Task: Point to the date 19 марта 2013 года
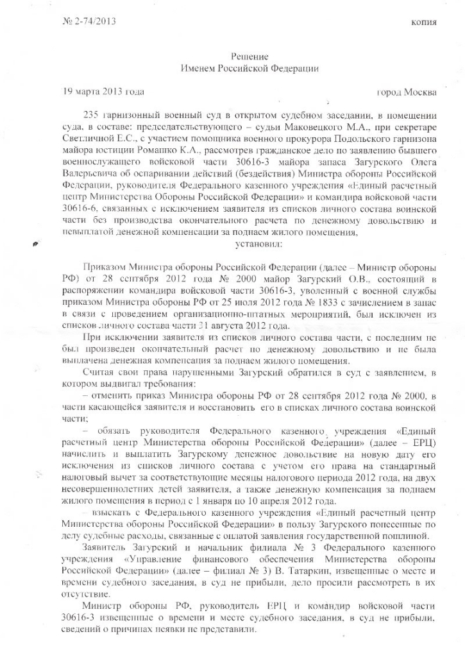pos(102,92)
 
